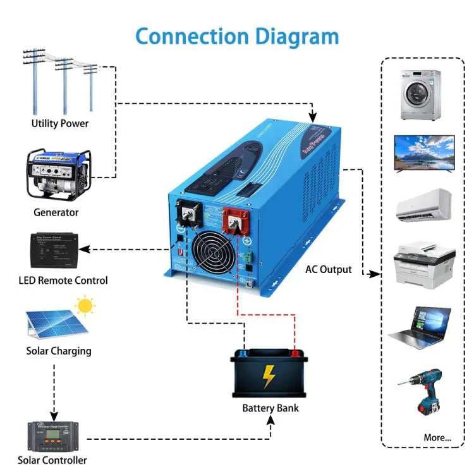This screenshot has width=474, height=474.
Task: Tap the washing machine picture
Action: (420, 95)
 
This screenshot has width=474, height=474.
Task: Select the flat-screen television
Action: (424, 153)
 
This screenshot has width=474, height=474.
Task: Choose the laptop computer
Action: (420, 327)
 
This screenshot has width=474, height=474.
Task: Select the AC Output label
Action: (328, 270)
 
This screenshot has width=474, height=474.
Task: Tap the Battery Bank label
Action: (270, 408)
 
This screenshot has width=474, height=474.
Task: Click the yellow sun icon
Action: (85, 307)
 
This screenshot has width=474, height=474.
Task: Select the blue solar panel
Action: (55, 324)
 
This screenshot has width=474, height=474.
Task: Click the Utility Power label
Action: (60, 123)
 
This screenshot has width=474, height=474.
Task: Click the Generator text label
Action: (56, 212)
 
